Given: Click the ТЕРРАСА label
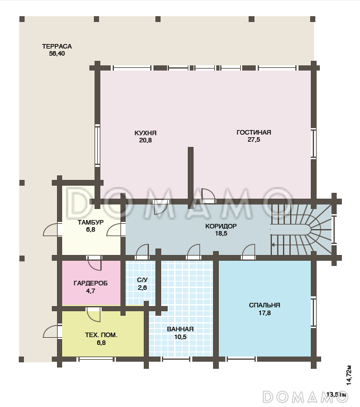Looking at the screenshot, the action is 57,46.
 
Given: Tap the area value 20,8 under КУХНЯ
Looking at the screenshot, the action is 146,140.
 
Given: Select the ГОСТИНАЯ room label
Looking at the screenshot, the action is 254,132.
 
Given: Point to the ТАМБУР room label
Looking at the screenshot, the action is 91,222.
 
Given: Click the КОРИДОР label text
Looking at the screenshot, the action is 221,226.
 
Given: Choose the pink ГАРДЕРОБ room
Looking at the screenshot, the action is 91,283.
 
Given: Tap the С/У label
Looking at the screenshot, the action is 142,280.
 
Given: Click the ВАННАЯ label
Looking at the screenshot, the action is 180,329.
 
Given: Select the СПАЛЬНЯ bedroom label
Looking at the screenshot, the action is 264,305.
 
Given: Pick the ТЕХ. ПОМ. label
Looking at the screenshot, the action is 101,335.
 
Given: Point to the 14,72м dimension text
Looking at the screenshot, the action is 349,375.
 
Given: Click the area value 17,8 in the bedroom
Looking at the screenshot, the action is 264,313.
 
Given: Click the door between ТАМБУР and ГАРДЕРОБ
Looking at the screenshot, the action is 95,263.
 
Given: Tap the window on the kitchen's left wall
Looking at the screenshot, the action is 97,146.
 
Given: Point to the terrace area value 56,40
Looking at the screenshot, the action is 57,54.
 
